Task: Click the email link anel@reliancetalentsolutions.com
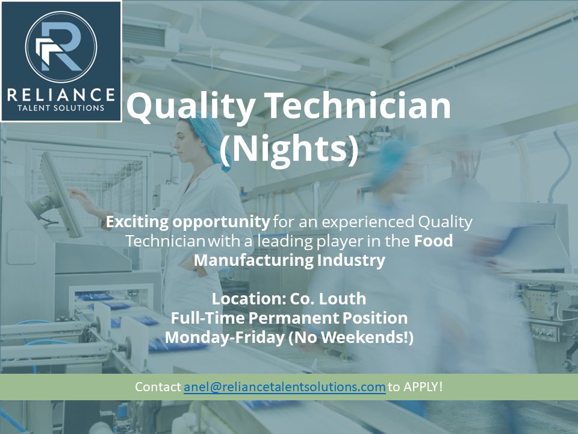pos(284,387)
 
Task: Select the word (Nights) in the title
pos(288,150)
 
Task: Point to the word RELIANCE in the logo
pos(60,95)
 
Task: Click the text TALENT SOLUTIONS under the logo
pos(60,108)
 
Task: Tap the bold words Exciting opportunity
pos(187,222)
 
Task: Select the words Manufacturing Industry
pos(289,261)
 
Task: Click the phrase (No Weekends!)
pos(351,338)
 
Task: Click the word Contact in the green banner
pos(158,387)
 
